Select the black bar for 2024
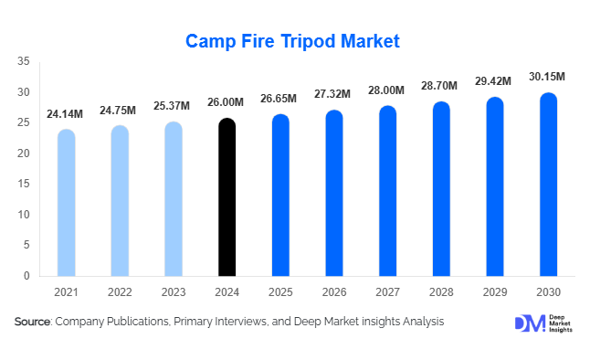[x=227, y=196]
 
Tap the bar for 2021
[x=66, y=202]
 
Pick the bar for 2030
[x=549, y=184]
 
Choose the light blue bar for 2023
[x=174, y=198]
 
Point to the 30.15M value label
[x=546, y=76]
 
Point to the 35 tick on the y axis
[x=24, y=61]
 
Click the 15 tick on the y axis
[x=24, y=184]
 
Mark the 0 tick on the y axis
[x=27, y=276]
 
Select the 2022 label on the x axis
[x=120, y=291]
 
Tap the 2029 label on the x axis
[x=495, y=291]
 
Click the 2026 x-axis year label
[x=334, y=291]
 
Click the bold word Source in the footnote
[x=32, y=322]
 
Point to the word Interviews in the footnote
[x=242, y=322]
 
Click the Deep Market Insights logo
[x=545, y=323]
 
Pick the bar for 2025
[x=280, y=195]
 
